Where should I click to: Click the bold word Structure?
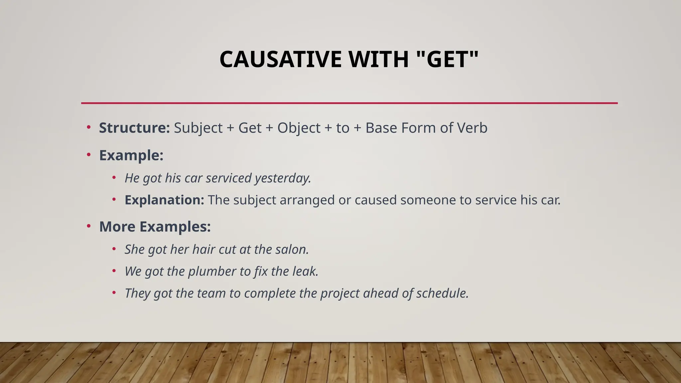(x=134, y=128)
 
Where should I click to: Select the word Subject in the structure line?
(x=198, y=128)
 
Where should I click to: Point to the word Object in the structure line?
(x=299, y=128)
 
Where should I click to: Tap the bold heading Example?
(x=131, y=155)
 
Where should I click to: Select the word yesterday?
(x=283, y=179)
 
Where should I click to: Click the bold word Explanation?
(x=164, y=200)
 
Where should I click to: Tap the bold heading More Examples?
(x=155, y=227)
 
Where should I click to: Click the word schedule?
(x=442, y=293)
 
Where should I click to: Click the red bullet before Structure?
(x=88, y=127)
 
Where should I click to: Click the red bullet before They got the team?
(x=114, y=293)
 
